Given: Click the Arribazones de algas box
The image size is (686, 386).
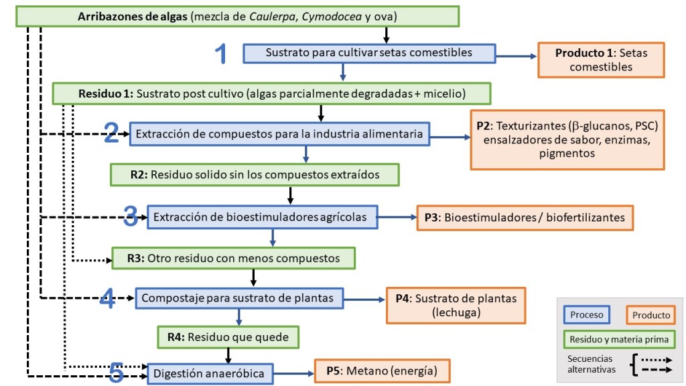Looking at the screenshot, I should click(237, 17).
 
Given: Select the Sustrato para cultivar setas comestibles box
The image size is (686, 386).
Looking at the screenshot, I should click(368, 53).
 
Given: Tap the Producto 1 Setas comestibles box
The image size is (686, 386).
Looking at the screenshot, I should click(601, 60).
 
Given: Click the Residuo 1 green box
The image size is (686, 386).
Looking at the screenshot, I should click(272, 92).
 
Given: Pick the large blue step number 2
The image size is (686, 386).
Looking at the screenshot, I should click(112, 134).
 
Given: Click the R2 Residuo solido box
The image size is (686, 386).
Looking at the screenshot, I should click(255, 175).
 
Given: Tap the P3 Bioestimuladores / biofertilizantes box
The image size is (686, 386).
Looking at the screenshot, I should click(525, 217).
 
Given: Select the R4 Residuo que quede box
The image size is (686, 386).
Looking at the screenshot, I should click(228, 337).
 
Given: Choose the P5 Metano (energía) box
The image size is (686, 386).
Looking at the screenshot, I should click(382, 371).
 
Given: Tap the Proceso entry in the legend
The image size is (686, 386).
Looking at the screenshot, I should click(586, 315).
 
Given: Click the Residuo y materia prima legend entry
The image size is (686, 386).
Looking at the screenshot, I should click(618, 340).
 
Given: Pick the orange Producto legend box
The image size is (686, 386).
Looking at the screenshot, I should click(651, 315).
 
